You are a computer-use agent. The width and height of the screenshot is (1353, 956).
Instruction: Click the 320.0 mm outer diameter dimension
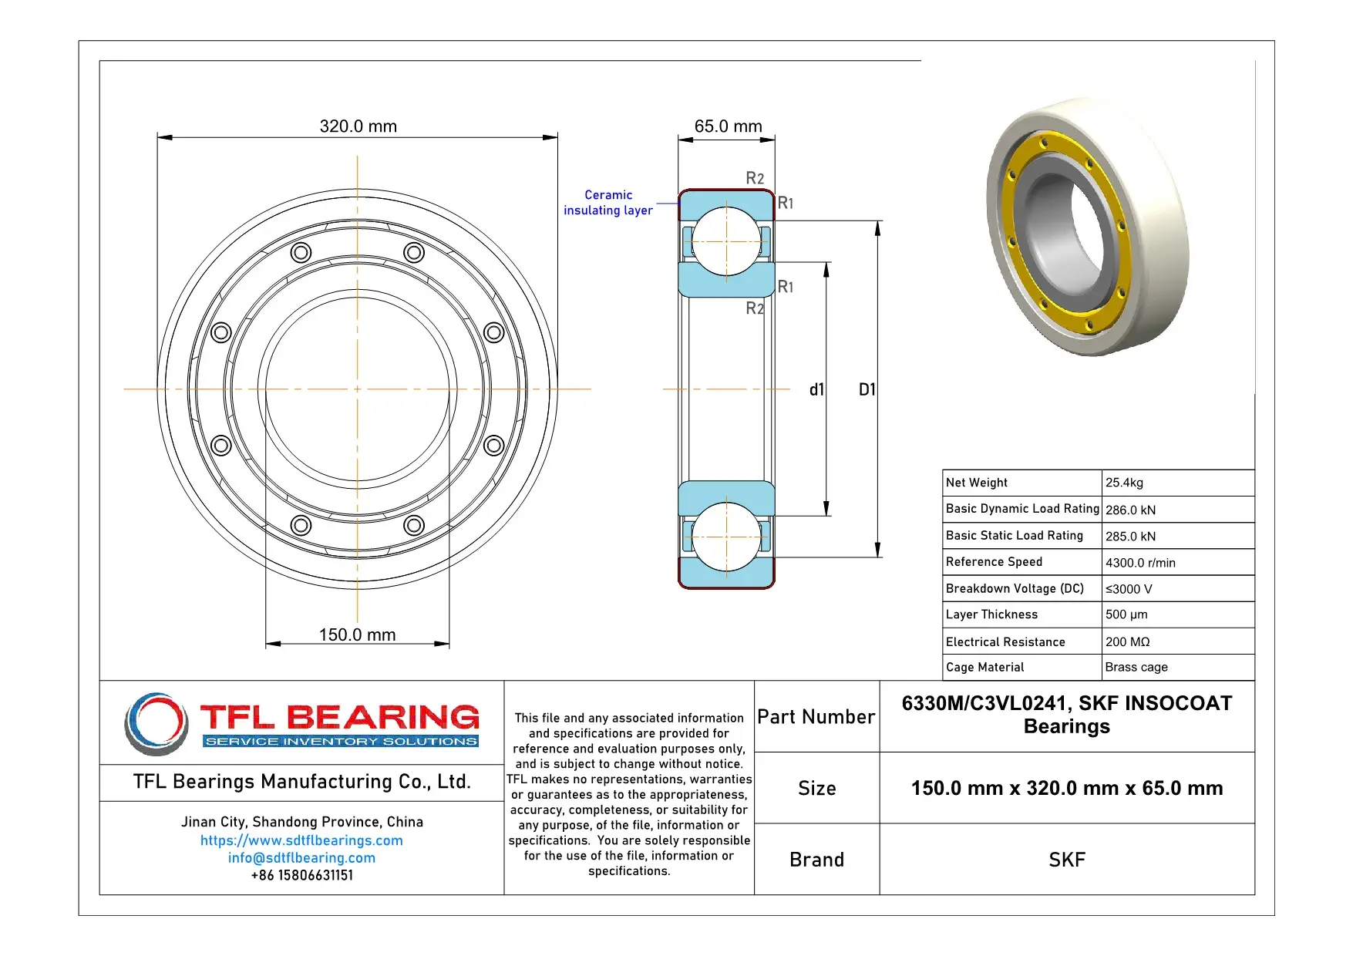pyautogui.click(x=358, y=126)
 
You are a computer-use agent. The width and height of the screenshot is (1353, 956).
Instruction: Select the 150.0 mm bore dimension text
pyautogui.click(x=357, y=635)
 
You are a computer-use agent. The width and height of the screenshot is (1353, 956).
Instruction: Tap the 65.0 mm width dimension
pyautogui.click(x=728, y=126)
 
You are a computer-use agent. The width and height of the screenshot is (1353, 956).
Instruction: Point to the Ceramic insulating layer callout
pyautogui.click(x=608, y=203)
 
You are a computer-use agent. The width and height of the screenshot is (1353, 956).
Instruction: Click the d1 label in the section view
pyautogui.click(x=816, y=389)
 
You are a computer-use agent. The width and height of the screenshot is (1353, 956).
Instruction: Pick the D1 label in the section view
pyautogui.click(x=867, y=389)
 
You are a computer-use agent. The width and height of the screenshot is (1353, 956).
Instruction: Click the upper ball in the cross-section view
pyautogui.click(x=726, y=241)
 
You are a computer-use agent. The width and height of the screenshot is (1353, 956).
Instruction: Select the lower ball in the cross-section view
pyautogui.click(x=726, y=537)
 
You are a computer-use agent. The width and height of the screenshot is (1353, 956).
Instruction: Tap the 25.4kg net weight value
pyautogui.click(x=1124, y=483)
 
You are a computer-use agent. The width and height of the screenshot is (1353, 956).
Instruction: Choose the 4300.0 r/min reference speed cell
pyautogui.click(x=1140, y=563)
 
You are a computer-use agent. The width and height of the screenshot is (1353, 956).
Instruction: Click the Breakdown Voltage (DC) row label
pyautogui.click(x=1015, y=588)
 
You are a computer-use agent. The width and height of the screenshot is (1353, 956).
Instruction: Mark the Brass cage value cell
pyautogui.click(x=1136, y=667)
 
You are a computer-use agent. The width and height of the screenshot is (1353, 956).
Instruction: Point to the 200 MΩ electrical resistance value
pyautogui.click(x=1127, y=641)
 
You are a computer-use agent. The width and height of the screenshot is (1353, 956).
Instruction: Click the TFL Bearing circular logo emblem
pyautogui.click(x=157, y=723)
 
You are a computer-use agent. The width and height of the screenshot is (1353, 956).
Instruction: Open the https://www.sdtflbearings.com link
pyautogui.click(x=301, y=840)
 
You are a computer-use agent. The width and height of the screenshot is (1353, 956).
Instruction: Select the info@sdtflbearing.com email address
pyautogui.click(x=301, y=857)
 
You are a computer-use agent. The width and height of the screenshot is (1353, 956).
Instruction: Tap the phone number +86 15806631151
pyautogui.click(x=301, y=875)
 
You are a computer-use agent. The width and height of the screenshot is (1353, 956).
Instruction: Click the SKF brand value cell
pyautogui.click(x=1066, y=860)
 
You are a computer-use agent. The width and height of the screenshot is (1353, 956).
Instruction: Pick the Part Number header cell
pyautogui.click(x=816, y=717)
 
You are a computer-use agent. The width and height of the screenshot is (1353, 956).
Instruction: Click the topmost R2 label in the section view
pyautogui.click(x=755, y=179)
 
